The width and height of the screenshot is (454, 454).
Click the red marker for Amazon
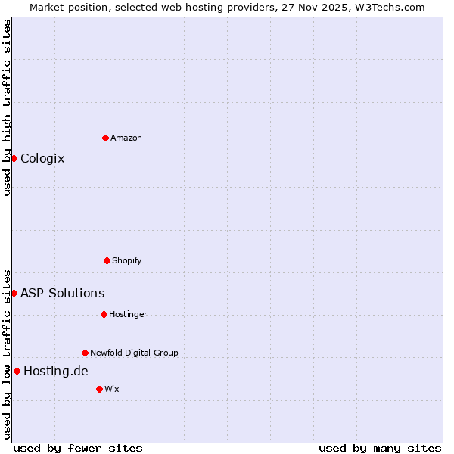105,138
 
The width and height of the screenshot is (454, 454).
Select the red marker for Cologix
14,158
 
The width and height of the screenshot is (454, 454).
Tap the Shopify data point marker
107,260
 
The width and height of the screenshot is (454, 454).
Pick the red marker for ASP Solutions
14,293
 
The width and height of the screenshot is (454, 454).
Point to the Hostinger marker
104,314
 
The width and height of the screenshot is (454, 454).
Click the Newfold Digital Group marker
85,353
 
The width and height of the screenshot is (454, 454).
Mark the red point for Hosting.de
17,371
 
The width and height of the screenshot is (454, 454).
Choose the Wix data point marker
99,389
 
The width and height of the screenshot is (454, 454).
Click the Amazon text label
126,138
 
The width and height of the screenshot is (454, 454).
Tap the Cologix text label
42,158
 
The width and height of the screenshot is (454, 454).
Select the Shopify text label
127,260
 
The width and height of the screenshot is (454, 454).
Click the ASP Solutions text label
63,293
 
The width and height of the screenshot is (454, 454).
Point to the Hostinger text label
129,314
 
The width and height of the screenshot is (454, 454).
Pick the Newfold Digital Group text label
135,353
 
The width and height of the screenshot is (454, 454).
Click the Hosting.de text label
56,371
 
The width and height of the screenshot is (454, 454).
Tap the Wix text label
112,389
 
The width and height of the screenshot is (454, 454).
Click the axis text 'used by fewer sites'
78,448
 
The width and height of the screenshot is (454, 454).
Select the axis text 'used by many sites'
380,448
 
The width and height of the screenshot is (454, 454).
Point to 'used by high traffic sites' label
7,107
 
